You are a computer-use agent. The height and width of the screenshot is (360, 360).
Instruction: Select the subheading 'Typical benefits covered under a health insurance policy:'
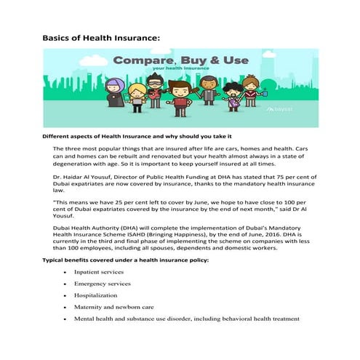pos(136,260)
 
